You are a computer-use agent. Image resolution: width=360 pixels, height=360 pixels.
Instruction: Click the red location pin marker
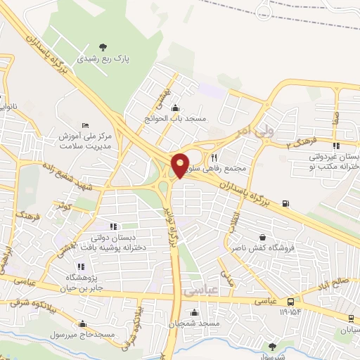[x=180, y=165]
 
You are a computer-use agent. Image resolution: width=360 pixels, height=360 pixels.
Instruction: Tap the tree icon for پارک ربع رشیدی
[x=103, y=47]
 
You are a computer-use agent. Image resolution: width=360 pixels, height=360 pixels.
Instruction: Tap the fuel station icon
[x=285, y=204]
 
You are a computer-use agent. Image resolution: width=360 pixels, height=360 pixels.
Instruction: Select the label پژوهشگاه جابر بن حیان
[x=81, y=282]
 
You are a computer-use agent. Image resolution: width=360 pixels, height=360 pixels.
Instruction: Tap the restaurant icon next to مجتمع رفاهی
[x=214, y=158]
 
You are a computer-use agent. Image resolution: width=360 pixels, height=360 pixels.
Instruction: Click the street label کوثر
[x=65, y=207]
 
